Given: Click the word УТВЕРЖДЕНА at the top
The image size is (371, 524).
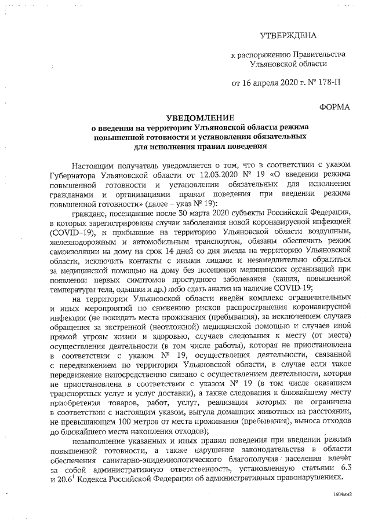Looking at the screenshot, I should click(x=289, y=36).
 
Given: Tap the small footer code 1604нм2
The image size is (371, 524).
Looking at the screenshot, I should click(x=343, y=496).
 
